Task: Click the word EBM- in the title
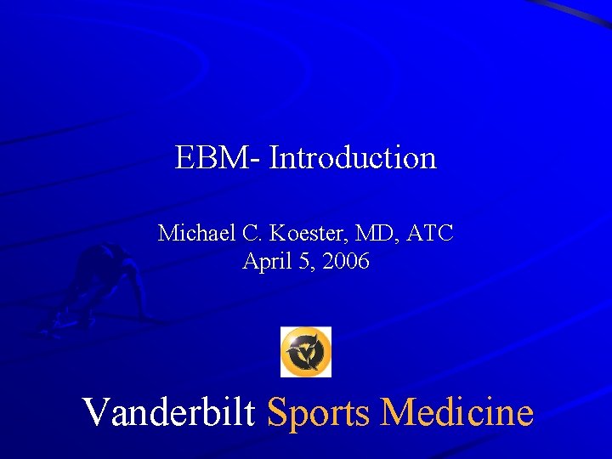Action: tap(218, 157)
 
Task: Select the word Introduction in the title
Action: tap(353, 157)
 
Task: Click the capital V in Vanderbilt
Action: tap(96, 412)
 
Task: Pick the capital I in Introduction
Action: tap(275, 157)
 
